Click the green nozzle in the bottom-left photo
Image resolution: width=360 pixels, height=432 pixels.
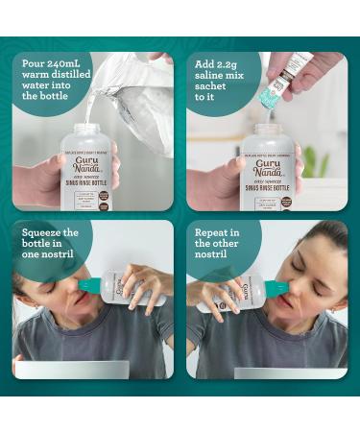(x=89, y=285)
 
